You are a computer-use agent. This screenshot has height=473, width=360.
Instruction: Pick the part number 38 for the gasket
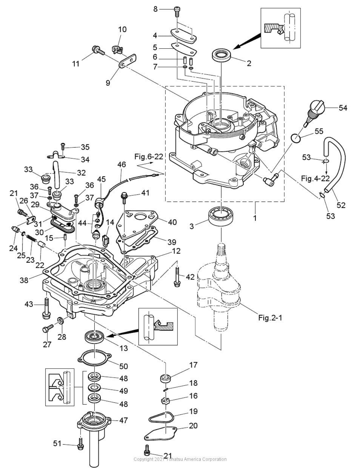click(24, 280)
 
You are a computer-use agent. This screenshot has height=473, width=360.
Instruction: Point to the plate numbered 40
click(139, 223)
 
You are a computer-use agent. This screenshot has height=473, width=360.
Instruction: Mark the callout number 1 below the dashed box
click(255, 217)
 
